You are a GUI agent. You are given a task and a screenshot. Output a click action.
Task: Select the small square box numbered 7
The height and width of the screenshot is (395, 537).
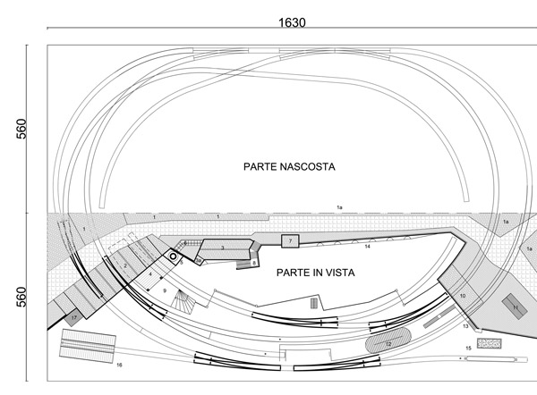(x=289, y=241)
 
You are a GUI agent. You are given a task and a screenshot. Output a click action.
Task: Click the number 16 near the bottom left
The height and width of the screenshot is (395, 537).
(x=119, y=366)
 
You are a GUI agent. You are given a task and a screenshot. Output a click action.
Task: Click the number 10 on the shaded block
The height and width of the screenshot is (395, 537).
(x=463, y=295)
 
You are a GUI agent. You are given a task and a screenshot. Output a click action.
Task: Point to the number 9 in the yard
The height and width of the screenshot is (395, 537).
(x=165, y=290)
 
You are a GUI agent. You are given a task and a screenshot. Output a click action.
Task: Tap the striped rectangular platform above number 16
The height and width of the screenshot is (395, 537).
(x=88, y=346)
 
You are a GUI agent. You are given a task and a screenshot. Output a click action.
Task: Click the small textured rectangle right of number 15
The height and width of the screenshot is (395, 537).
(x=489, y=343)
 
